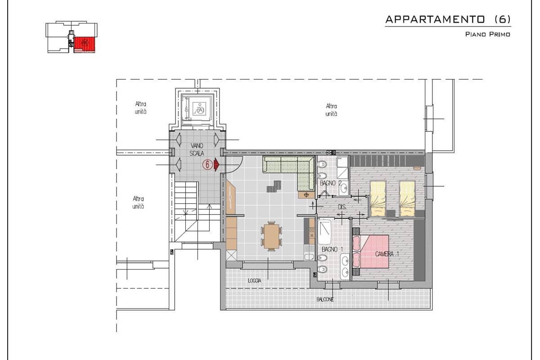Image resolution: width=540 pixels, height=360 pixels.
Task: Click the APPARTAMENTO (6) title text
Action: coord(448,19)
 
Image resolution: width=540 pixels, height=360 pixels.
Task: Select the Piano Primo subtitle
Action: coord(487,34)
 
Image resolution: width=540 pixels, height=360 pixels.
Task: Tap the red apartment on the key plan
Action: coord(85,45)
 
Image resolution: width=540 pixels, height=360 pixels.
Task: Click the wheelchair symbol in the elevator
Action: coord(199,109)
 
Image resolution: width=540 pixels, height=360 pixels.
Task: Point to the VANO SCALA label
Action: coord(197,149)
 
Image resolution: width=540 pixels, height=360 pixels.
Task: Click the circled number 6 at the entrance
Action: coord(207,165)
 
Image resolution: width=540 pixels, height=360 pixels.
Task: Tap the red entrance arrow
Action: coord(216,165)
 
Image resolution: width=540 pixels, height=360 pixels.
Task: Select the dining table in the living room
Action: coord(271,236)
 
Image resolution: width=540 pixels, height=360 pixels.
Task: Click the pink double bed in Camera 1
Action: coord(371,251)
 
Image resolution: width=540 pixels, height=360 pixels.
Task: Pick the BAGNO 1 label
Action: coord(332,249)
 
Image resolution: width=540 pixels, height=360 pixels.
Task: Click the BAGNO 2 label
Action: coord(330,183)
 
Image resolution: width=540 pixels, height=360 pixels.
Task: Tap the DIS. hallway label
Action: coord(342,207)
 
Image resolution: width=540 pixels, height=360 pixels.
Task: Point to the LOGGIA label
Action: coord(255,281)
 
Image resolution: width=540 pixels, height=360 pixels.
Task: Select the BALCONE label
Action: coord(325,299)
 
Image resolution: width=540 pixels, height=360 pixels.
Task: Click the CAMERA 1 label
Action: coord(387,254)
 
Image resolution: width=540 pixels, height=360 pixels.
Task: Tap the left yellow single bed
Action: coord(378,198)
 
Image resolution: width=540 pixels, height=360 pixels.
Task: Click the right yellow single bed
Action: coord(407,198)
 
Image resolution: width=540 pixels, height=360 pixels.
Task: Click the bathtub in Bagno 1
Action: coord(324,231)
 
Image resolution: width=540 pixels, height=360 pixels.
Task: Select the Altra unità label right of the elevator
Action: coord(331,110)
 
